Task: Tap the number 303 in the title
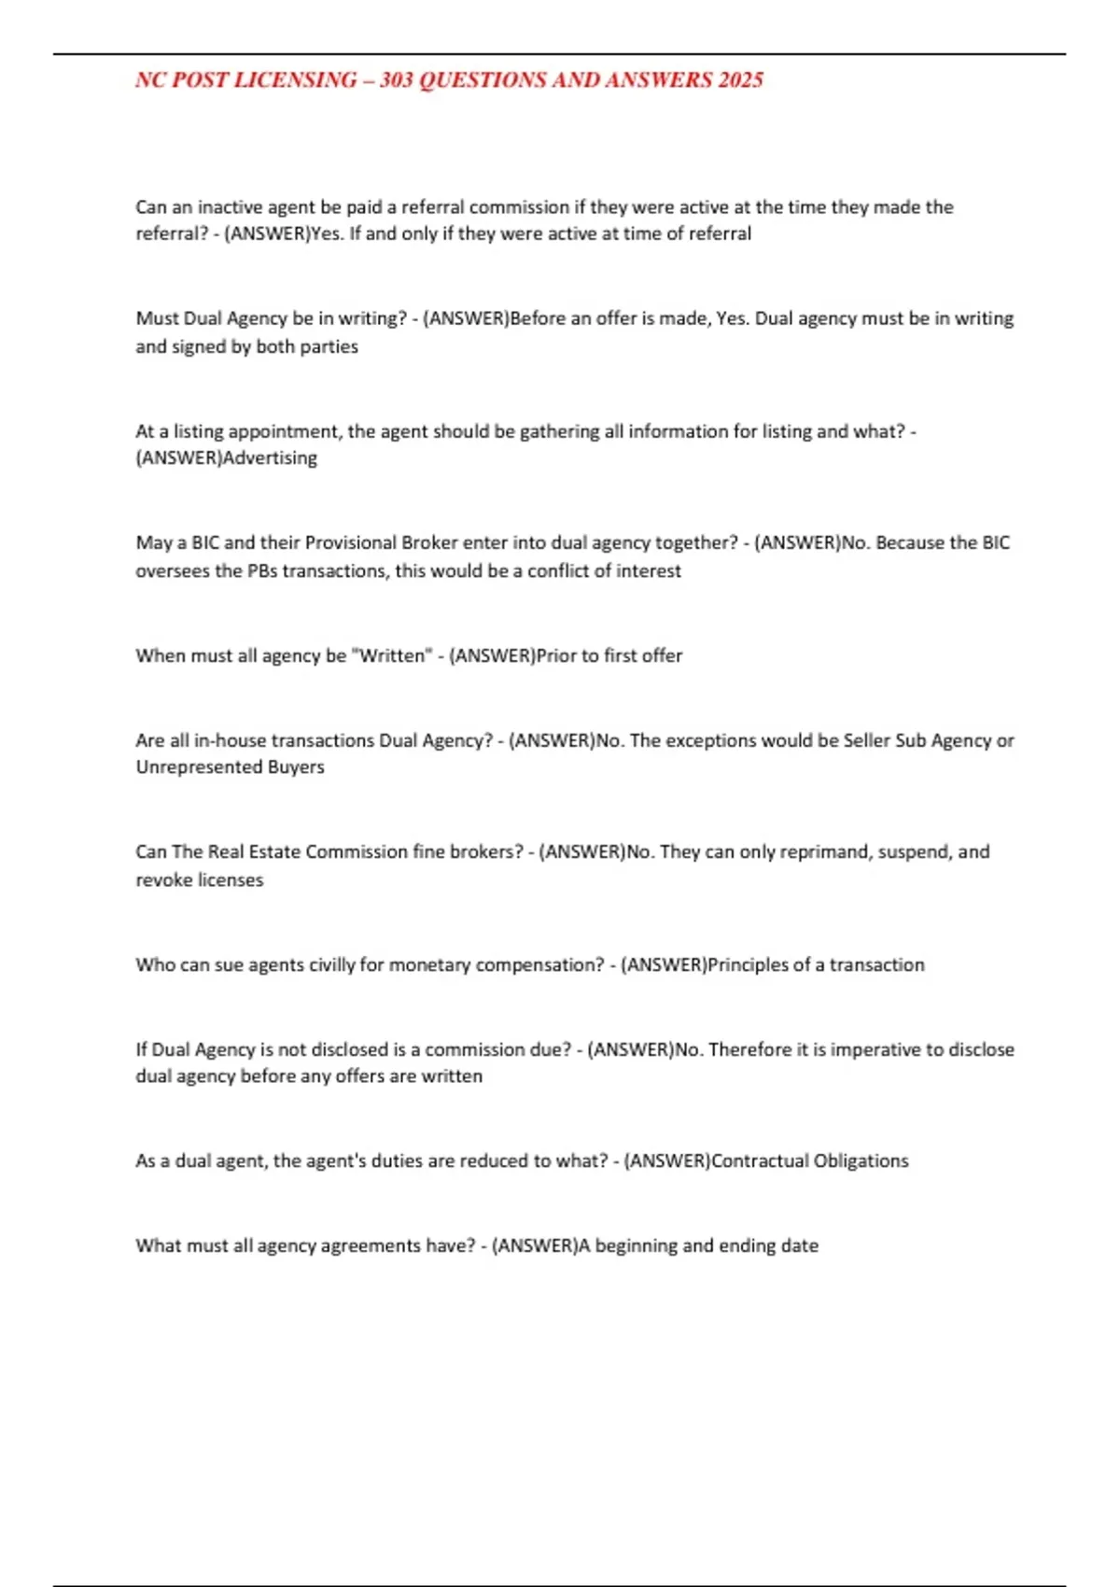(x=397, y=80)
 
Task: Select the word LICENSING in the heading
(x=295, y=80)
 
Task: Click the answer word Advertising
(x=270, y=458)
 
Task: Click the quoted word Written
(x=392, y=655)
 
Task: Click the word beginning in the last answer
(x=636, y=1245)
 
